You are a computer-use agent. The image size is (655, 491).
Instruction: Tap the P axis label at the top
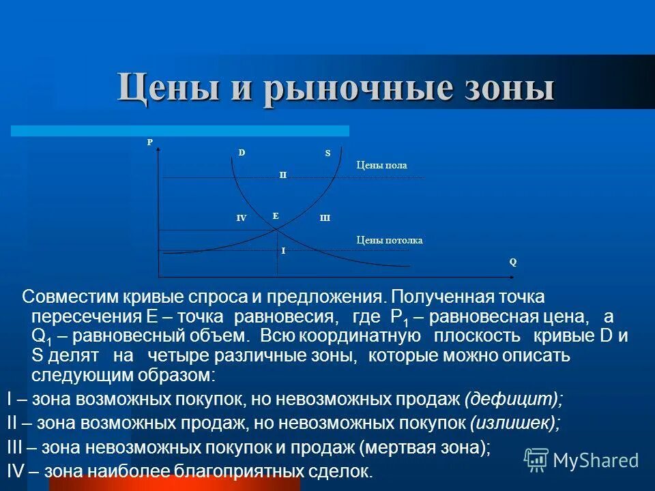tap(150, 142)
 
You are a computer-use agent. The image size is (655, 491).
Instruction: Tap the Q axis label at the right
tap(512, 261)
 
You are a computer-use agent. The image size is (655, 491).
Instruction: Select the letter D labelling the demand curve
tap(242, 153)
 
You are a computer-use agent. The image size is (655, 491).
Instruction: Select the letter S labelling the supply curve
tap(327, 153)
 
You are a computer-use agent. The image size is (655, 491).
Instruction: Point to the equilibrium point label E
tap(276, 215)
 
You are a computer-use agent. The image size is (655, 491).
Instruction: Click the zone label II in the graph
tap(282, 175)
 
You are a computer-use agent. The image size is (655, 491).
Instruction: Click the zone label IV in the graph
tap(241, 218)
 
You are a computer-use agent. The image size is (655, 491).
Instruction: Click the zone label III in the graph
tap(325, 218)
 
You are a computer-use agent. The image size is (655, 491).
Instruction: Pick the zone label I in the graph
tap(283, 251)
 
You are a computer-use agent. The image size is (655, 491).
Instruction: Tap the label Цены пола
tap(381, 165)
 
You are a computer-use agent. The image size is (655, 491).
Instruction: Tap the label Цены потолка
tap(390, 240)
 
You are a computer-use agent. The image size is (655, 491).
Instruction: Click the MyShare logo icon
tap(536, 459)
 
